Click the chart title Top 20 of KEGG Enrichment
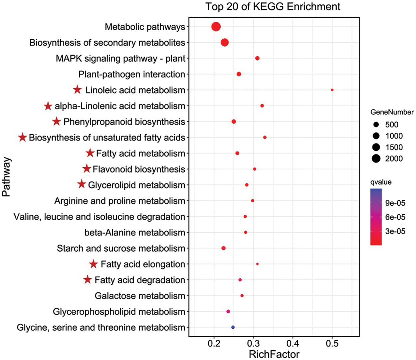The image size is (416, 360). click(x=273, y=7)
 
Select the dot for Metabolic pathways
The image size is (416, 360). click(x=216, y=27)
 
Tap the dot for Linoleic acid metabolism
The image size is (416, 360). click(x=332, y=90)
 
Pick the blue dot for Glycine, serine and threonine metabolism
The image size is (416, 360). click(x=233, y=327)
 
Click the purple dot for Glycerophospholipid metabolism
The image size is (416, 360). click(x=228, y=311)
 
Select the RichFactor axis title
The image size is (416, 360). click(x=274, y=354)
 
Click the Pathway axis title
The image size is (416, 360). click(x=7, y=177)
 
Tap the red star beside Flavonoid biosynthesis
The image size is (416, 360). click(x=87, y=169)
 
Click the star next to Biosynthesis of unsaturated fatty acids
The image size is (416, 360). click(x=22, y=137)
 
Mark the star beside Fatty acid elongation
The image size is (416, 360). click(x=94, y=264)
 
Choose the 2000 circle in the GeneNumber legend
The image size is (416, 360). click(x=376, y=159)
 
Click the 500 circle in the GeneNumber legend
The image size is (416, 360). click(x=376, y=125)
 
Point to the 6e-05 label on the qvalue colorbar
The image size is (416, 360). click(x=395, y=217)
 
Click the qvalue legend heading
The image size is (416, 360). click(x=381, y=182)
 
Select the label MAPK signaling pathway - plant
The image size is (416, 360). click(x=120, y=59)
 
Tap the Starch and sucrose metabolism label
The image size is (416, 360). click(x=121, y=248)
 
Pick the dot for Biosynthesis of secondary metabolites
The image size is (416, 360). click(x=225, y=43)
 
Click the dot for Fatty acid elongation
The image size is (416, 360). click(x=257, y=264)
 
